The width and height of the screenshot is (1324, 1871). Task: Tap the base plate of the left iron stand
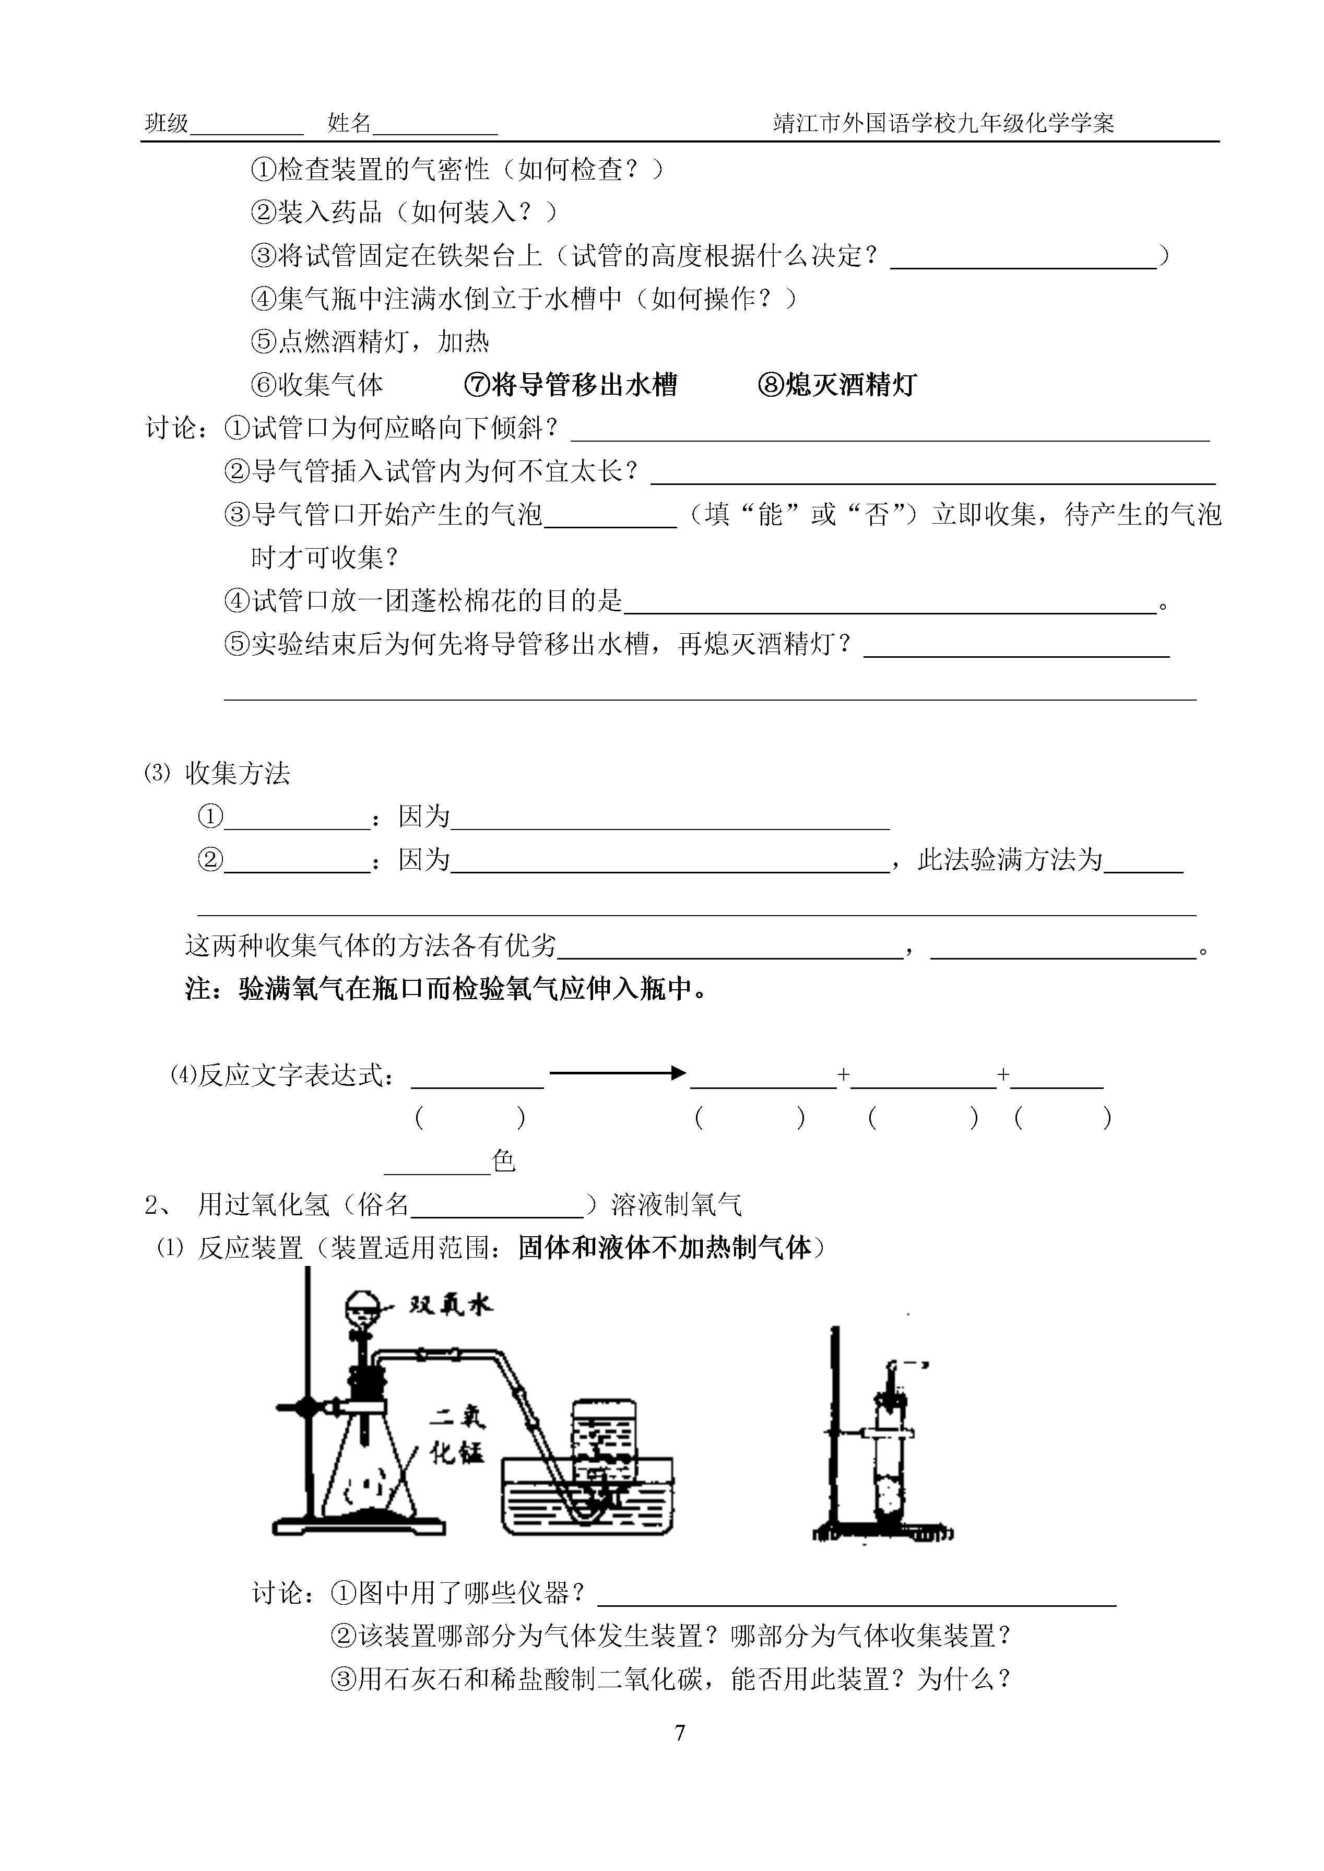(359, 1525)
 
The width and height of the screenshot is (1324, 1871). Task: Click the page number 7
(680, 1733)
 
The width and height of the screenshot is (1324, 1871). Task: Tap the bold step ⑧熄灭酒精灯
(837, 385)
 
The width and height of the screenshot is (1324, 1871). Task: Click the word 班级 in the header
(167, 124)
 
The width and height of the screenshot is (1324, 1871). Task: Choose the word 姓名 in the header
(349, 124)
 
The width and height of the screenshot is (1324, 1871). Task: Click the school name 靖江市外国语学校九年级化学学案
(943, 124)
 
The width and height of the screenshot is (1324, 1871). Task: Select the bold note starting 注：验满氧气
(446, 990)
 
